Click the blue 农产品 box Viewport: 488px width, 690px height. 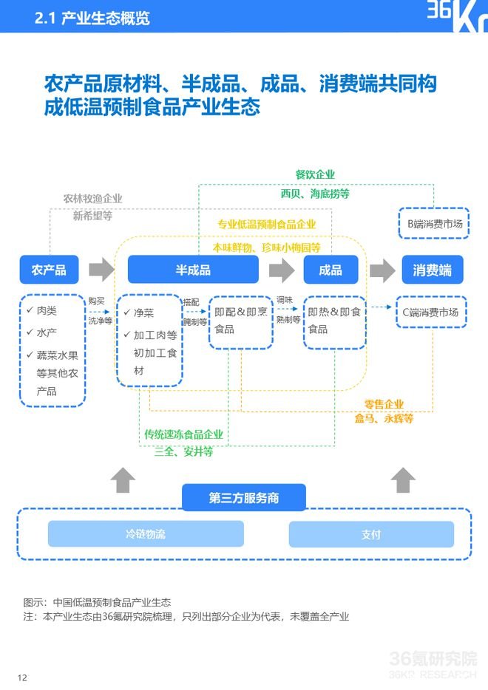pos(49,270)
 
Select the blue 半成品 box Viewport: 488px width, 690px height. pos(193,270)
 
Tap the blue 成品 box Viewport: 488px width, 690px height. pos(331,270)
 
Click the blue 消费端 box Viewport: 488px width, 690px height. pos(433,270)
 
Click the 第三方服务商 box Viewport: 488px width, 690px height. pos(244,497)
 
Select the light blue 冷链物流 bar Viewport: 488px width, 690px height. pos(146,534)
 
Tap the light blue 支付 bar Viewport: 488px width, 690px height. pos(371,534)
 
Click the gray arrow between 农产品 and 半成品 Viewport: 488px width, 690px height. pos(102,270)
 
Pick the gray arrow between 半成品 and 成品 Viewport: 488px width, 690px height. pos(282,270)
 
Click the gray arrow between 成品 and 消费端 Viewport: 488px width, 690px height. pos(382,270)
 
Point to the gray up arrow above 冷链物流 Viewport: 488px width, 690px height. pos(123,480)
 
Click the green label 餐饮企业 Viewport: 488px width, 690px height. pos(315,174)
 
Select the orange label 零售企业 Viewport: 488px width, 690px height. pos(384,404)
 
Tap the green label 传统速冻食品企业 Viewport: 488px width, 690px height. pos(183,434)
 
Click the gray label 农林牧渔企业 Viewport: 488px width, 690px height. pos(92,199)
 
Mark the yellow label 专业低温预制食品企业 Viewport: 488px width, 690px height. pos(267,225)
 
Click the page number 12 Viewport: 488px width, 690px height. pos(22,677)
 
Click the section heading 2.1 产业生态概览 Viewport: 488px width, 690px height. pos(92,18)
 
